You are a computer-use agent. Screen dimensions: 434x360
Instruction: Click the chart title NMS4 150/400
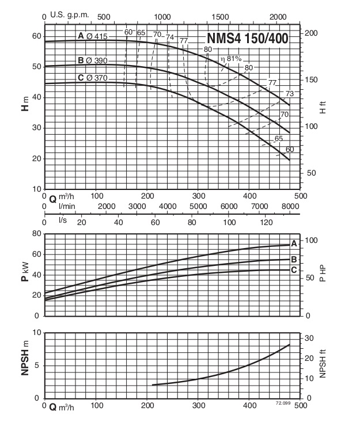pyautogui.click(x=248, y=39)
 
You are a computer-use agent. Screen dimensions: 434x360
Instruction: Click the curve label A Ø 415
pyautogui.click(x=93, y=37)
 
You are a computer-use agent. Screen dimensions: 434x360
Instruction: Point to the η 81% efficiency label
pyautogui.click(x=230, y=59)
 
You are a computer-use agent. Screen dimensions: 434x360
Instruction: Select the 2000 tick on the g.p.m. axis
pyautogui.click(x=278, y=16)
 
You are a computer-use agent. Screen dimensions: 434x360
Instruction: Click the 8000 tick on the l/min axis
pyautogui.click(x=290, y=207)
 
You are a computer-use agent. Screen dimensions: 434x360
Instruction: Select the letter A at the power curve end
pyautogui.click(x=294, y=243)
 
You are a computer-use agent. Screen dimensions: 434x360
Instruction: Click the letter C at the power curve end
pyautogui.click(x=294, y=270)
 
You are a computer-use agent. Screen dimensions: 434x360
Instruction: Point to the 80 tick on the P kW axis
pyautogui.click(x=36, y=234)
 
